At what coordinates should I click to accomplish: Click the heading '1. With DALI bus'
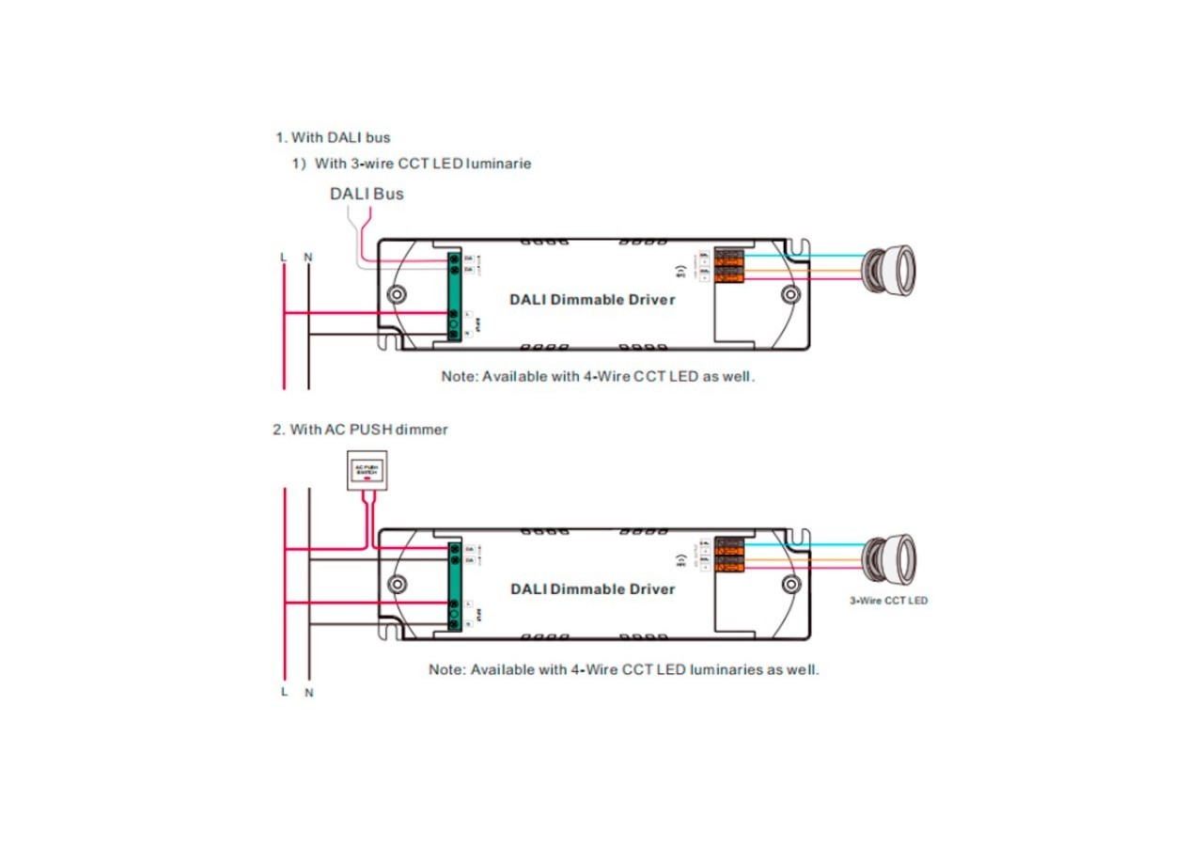333,138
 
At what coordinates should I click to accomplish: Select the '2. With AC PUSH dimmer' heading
360,430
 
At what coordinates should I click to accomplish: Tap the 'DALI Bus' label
367,194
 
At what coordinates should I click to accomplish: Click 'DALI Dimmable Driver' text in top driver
592,300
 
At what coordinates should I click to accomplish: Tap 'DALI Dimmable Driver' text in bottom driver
592,589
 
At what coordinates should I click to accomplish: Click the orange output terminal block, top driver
730,266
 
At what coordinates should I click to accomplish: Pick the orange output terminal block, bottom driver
730,555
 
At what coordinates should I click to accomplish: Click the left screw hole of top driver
399,294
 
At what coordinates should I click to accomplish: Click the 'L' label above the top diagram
284,257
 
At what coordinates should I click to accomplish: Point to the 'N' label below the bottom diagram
308,693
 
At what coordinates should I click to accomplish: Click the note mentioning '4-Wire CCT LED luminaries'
623,670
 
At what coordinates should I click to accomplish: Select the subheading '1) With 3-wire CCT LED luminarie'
411,164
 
